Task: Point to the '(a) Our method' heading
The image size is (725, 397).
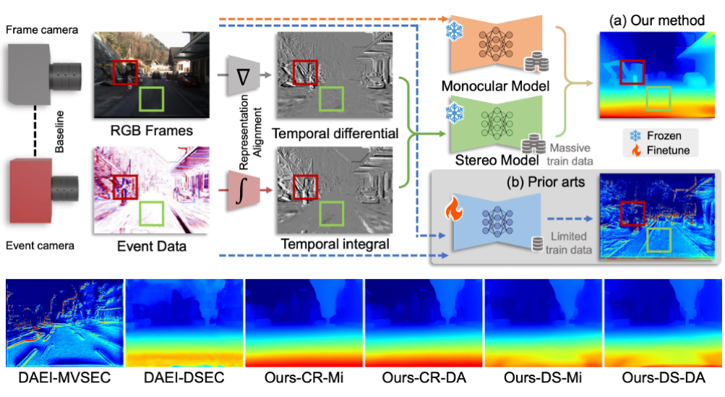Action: (x=657, y=20)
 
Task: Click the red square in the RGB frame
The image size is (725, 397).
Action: (x=125, y=72)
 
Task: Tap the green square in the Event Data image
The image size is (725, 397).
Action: (x=151, y=213)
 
